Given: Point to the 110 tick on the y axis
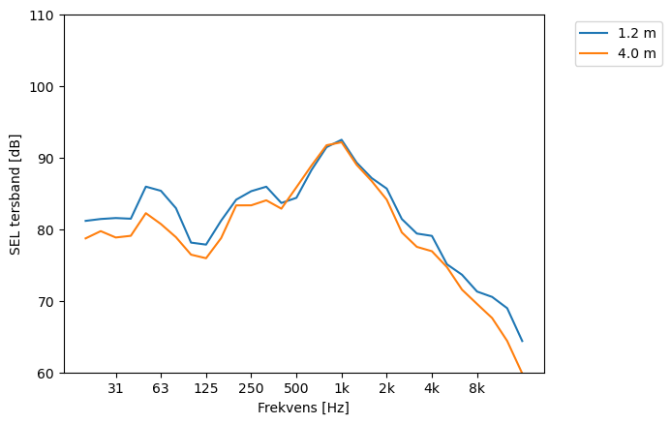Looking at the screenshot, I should click(46, 15).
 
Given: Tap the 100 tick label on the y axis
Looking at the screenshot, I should click(46, 87).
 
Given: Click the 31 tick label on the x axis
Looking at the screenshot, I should click(115, 389).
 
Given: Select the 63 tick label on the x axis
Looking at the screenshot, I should click(161, 389).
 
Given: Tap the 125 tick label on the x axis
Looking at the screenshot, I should click(205, 389).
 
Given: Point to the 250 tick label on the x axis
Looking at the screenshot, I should click(251, 389).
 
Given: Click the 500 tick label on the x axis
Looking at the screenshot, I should click(296, 389).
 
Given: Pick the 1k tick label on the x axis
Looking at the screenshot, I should click(341, 389).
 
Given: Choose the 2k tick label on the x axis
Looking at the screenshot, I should click(386, 389).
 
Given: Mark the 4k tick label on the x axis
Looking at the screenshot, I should click(432, 389).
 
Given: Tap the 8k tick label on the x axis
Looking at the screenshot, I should click(476, 389).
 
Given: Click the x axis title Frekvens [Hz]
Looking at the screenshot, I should click(303, 409).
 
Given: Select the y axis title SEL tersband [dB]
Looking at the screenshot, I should click(15, 194).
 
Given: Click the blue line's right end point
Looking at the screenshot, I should click(522, 341).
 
